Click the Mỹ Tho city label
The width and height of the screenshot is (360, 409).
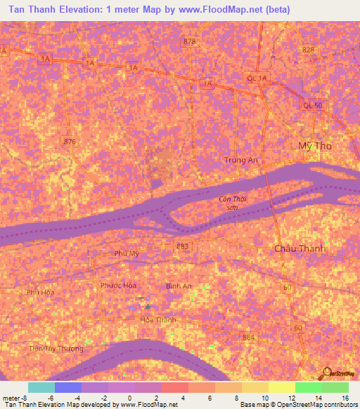pyautogui.click(x=314, y=145)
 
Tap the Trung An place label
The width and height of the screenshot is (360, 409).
pyautogui.click(x=240, y=160)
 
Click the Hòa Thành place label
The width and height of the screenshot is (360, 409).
pyautogui.click(x=158, y=319)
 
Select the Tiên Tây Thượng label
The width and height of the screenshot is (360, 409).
pyautogui.click(x=56, y=349)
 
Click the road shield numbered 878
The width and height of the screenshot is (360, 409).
pyautogui.click(x=188, y=42)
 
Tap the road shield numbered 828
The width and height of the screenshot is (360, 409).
pyautogui.click(x=307, y=50)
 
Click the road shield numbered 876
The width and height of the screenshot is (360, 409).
pyautogui.click(x=69, y=141)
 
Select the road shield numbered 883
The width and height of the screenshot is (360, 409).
pyautogui.click(x=183, y=245)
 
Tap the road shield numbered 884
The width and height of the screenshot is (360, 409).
pyautogui.click(x=247, y=338)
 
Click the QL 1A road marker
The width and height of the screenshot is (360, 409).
pyautogui.click(x=257, y=78)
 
